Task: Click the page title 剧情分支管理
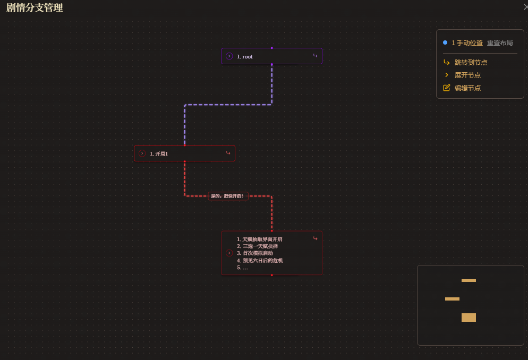click(x=35, y=7)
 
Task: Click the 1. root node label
click(x=245, y=56)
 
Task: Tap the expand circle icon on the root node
click(x=229, y=56)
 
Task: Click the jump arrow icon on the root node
click(x=315, y=56)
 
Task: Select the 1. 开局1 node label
click(x=159, y=154)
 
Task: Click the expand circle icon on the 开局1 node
click(x=142, y=153)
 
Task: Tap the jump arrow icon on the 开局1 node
click(x=228, y=153)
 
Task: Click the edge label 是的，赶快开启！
click(x=227, y=196)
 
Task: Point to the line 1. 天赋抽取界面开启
click(x=260, y=239)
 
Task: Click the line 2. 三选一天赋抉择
click(x=257, y=246)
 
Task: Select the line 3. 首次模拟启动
click(x=255, y=253)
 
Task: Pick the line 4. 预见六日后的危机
click(x=260, y=260)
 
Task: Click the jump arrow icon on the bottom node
click(x=315, y=238)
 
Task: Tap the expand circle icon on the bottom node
click(x=229, y=253)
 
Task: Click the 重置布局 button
click(x=500, y=42)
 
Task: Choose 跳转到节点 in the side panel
click(x=471, y=62)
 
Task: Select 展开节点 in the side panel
click(x=468, y=75)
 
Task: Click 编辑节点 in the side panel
click(x=468, y=88)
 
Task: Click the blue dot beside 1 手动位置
click(x=445, y=42)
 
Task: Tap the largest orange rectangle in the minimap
click(x=469, y=318)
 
